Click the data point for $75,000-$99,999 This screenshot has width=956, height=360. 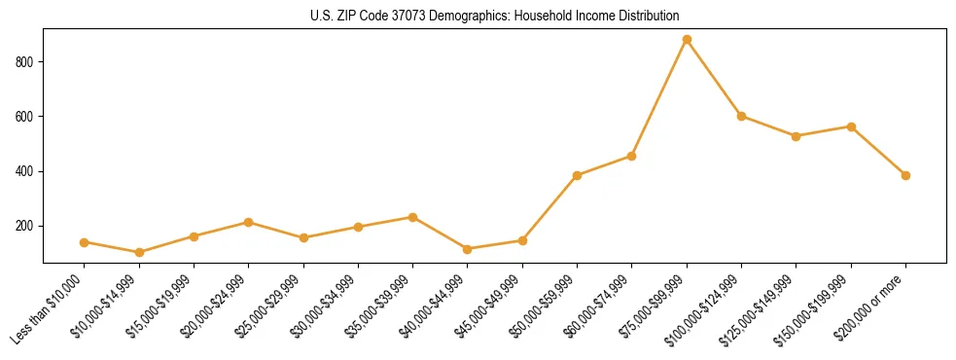(x=687, y=40)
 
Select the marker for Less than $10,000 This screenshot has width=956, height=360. (x=84, y=242)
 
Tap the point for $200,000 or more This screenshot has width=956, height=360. (x=905, y=176)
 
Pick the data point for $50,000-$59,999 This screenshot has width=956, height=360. (x=577, y=176)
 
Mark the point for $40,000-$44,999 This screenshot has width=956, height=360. (x=468, y=249)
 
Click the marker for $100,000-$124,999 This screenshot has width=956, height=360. (x=741, y=116)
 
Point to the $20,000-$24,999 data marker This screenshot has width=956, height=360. (x=248, y=223)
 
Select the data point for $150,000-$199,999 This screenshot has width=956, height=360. (x=851, y=126)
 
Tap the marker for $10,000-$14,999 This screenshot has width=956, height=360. (x=139, y=252)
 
